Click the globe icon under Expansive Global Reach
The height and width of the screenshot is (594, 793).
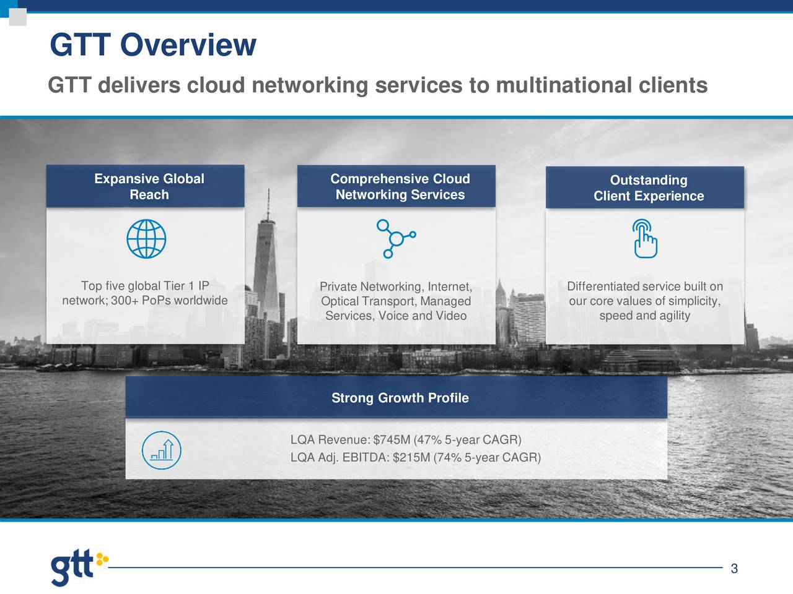(146, 239)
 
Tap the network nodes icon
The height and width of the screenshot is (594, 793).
(396, 239)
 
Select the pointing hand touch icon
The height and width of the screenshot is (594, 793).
(645, 238)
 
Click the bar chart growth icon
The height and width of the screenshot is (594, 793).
(162, 450)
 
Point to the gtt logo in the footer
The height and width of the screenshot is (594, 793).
(79, 569)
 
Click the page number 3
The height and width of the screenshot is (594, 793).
(734, 569)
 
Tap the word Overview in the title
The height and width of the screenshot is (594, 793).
(188, 45)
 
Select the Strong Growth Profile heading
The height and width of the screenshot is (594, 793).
(400, 397)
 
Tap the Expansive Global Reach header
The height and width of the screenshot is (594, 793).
(149, 186)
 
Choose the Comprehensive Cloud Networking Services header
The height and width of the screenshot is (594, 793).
(400, 186)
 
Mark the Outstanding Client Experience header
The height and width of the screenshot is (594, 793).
(649, 188)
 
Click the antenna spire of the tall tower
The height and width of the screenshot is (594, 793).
(268, 204)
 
